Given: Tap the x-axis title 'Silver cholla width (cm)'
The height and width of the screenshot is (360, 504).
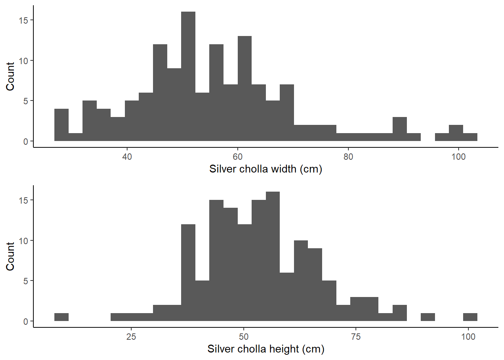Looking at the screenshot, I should pyautogui.click(x=265, y=169).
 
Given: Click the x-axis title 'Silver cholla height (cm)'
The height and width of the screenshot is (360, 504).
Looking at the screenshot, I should pyautogui.click(x=265, y=349).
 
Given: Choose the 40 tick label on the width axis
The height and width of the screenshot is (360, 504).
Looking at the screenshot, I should pyautogui.click(x=127, y=157).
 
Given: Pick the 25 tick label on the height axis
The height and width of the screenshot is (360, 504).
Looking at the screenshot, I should pyautogui.click(x=131, y=337).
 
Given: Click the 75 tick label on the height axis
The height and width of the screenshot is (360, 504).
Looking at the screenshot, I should pyautogui.click(x=355, y=337).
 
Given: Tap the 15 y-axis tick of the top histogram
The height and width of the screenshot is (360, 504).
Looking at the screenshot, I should pyautogui.click(x=23, y=20).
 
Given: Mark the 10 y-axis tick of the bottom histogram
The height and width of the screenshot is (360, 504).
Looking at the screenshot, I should pyautogui.click(x=23, y=241).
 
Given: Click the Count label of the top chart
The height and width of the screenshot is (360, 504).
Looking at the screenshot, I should pyautogui.click(x=10, y=76).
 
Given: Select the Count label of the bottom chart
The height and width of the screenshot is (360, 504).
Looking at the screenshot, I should pyautogui.click(x=10, y=256).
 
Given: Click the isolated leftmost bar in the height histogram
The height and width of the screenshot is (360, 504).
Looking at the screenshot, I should pyautogui.click(x=61, y=317).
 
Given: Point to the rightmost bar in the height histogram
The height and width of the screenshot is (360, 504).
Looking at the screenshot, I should pyautogui.click(x=470, y=317).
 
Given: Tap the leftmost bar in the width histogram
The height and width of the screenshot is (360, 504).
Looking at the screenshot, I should pyautogui.click(x=61, y=125).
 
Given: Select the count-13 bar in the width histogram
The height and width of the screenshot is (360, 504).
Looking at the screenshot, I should pyautogui.click(x=244, y=88).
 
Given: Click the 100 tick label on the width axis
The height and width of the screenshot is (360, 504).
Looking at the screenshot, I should pyautogui.click(x=458, y=157).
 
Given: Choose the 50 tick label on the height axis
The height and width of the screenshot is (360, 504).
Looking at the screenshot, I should pyautogui.click(x=243, y=337).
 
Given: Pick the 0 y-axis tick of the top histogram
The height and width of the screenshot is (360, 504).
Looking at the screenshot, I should pyautogui.click(x=25, y=141).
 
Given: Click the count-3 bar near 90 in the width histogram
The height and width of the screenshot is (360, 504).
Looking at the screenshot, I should pyautogui.click(x=400, y=129).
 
